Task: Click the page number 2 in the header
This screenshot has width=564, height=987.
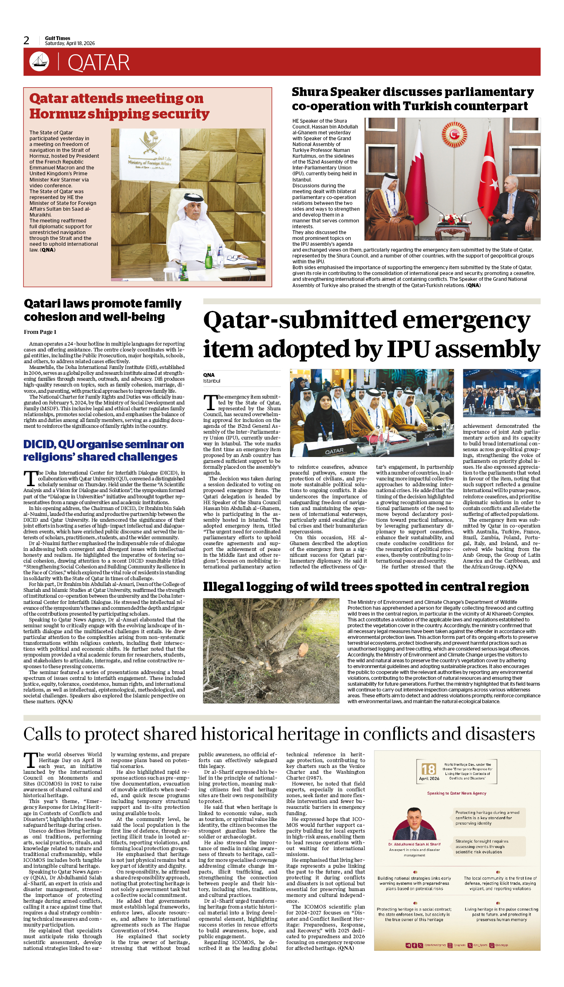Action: [26, 40]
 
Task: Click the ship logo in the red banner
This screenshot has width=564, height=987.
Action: [39, 61]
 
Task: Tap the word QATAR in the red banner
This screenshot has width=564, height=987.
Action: [99, 63]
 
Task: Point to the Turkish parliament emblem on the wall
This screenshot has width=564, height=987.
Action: [454, 134]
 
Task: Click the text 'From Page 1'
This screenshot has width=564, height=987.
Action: [40, 332]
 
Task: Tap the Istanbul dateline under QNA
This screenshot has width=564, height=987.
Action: [212, 381]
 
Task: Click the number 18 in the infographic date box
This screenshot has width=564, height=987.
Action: [428, 769]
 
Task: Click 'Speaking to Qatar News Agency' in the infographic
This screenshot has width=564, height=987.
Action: [457, 793]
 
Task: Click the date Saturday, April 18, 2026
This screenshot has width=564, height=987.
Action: [70, 43]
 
